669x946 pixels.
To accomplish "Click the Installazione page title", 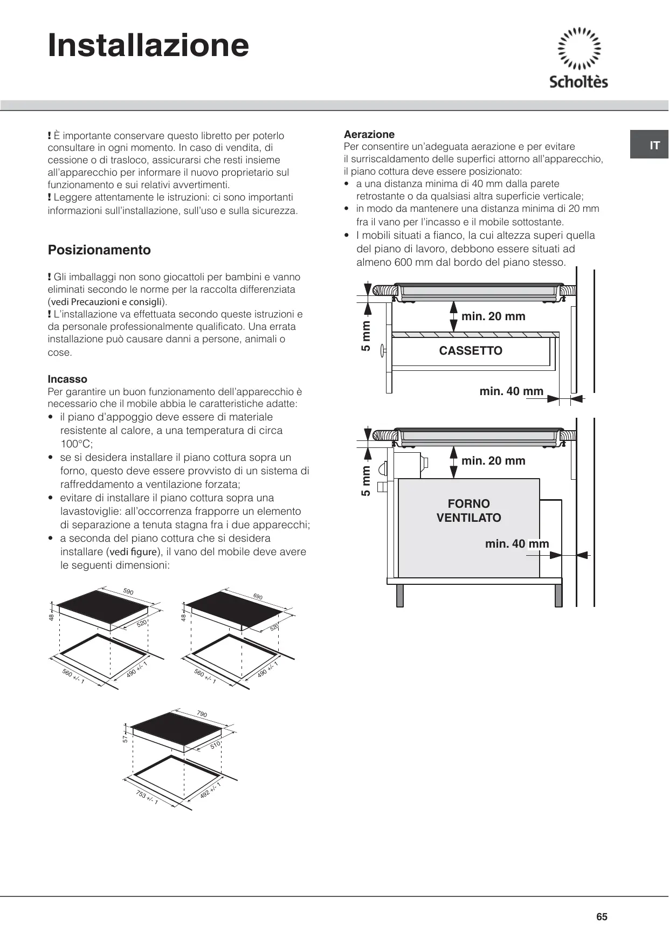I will pyautogui.click(x=148, y=45).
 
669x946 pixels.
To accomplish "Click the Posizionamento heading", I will pyautogui.click(x=99, y=250).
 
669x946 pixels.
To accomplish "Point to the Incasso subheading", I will pyautogui.click(x=67, y=379).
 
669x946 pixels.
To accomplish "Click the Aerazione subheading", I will pyautogui.click(x=369, y=134).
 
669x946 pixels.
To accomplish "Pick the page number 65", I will pyautogui.click(x=602, y=917).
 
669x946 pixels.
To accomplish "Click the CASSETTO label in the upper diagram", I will pyautogui.click(x=471, y=351).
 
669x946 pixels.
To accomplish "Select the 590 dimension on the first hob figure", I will pyautogui.click(x=128, y=592).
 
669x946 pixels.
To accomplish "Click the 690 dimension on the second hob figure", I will pyautogui.click(x=258, y=597).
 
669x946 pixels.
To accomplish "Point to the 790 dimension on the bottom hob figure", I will pyautogui.click(x=202, y=714).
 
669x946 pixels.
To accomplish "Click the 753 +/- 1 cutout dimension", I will pyautogui.click(x=147, y=797).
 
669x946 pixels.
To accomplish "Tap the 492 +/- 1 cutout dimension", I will pyautogui.click(x=210, y=790).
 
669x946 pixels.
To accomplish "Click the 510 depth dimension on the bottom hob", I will pyautogui.click(x=215, y=745).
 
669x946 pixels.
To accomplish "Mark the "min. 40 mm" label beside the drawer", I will pyautogui.click(x=511, y=391).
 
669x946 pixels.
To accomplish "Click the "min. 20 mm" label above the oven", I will pyautogui.click(x=493, y=461).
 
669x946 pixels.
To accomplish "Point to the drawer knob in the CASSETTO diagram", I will pyautogui.click(x=383, y=350).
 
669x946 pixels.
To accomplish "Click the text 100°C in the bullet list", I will pyautogui.click(x=76, y=444).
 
